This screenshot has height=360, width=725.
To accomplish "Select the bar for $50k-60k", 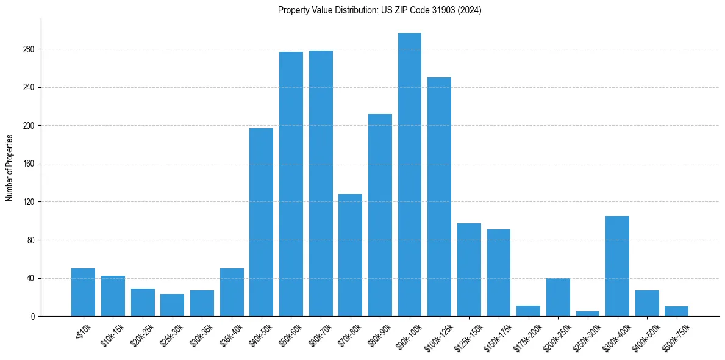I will (x=291, y=184).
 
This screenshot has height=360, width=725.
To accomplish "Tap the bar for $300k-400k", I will (x=618, y=266).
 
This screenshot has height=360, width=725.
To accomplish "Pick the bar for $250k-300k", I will (x=588, y=314).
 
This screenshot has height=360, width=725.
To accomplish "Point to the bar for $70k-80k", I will (x=350, y=255).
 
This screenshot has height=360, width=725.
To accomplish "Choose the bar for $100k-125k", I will (x=440, y=196).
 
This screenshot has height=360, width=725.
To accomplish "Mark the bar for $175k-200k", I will (x=528, y=311).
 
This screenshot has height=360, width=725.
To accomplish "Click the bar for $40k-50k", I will (x=261, y=222).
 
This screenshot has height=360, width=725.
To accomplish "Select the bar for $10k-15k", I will (x=113, y=296).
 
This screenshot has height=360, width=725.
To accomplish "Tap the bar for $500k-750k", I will (x=677, y=311).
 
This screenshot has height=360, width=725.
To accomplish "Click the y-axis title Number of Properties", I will (x=9, y=167).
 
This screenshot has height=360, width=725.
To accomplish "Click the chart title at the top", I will (x=379, y=10).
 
